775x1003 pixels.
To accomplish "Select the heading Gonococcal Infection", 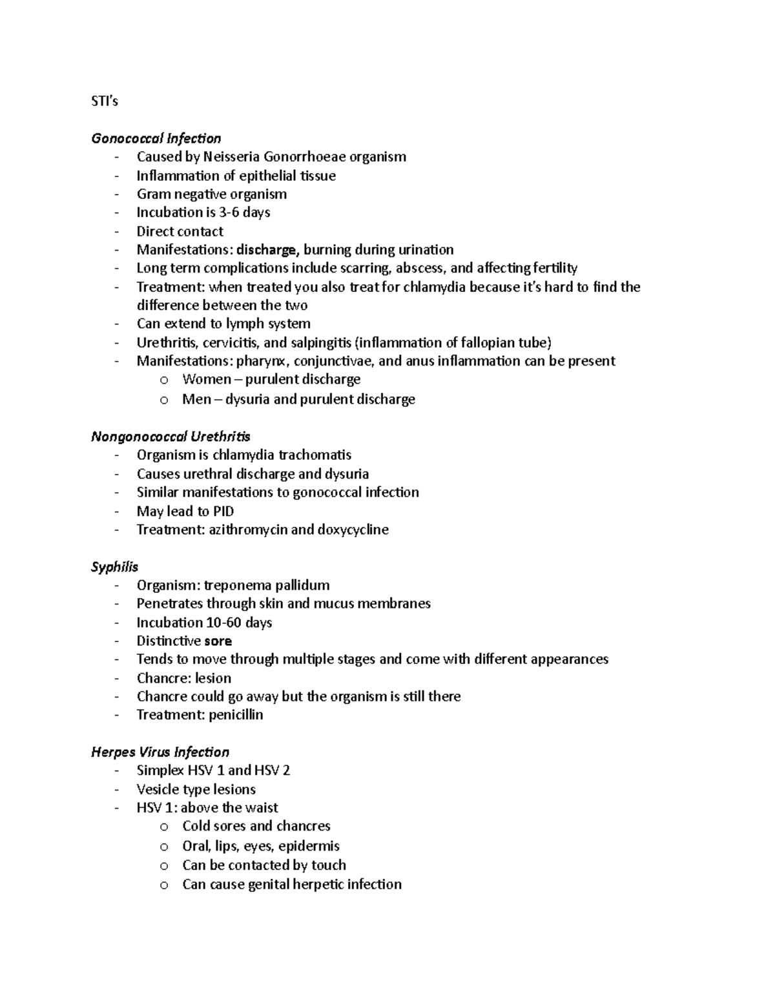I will click(x=156, y=138).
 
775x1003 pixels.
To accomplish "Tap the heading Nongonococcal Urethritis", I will click(x=170, y=437).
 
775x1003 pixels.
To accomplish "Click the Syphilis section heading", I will click(x=114, y=566).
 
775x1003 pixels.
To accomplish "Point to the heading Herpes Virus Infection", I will click(x=160, y=752).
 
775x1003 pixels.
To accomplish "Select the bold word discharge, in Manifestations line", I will click(x=268, y=250).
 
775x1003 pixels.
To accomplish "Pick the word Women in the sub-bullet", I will click(x=206, y=380).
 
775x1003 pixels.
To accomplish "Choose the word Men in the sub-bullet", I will click(x=196, y=399).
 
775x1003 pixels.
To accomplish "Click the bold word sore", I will click(x=218, y=641).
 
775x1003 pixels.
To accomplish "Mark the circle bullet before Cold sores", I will click(x=164, y=827).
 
